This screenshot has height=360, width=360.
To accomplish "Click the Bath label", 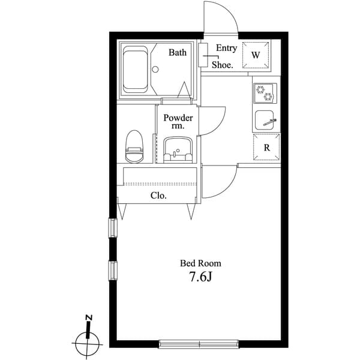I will [x=177, y=53].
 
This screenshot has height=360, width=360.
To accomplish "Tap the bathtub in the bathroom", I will [x=136, y=70].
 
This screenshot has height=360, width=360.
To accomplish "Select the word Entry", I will [x=226, y=49].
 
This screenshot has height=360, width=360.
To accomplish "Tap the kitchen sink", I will [x=265, y=121].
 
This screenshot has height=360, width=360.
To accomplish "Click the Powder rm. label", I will [x=178, y=122].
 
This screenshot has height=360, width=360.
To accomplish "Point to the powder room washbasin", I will [x=177, y=148].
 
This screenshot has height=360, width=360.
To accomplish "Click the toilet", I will [x=134, y=146].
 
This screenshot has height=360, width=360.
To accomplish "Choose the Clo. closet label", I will [x=158, y=196].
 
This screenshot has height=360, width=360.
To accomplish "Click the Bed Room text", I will [x=201, y=263].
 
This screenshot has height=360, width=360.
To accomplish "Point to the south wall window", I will [x=200, y=344].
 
